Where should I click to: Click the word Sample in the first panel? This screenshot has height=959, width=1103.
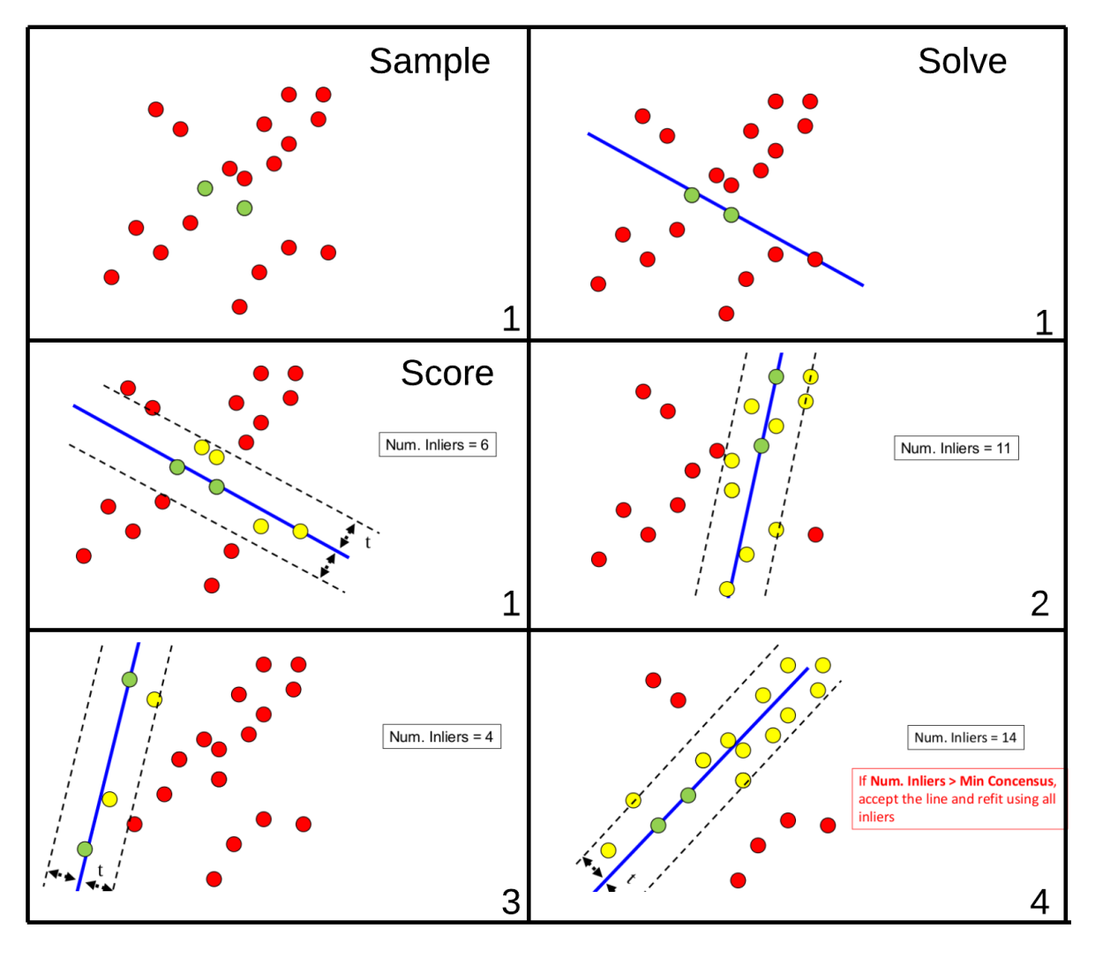(429, 62)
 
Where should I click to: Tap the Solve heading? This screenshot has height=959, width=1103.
(962, 62)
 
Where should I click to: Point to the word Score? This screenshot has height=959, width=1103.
(446, 374)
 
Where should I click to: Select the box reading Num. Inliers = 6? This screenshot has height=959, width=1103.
(437, 445)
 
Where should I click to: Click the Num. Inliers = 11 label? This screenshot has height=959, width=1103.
(956, 449)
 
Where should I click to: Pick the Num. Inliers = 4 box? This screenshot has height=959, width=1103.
(441, 737)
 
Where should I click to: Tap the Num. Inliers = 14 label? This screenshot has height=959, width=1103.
(965, 738)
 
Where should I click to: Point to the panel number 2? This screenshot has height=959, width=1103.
(1039, 604)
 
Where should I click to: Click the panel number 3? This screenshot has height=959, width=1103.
(511, 902)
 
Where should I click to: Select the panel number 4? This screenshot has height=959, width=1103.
(1039, 902)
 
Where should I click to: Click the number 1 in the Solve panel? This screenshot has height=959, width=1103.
(1044, 323)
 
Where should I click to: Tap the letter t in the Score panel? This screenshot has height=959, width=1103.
(368, 543)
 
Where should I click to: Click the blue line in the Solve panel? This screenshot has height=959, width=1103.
(635, 161)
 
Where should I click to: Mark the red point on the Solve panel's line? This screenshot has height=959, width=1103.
(815, 260)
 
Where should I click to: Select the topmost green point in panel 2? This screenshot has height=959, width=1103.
(776, 377)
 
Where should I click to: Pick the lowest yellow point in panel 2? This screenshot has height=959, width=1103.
(727, 589)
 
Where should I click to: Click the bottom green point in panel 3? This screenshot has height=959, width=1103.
(85, 850)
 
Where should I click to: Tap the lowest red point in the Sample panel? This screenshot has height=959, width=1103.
(239, 307)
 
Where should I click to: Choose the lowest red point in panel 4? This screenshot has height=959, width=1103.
(739, 880)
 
